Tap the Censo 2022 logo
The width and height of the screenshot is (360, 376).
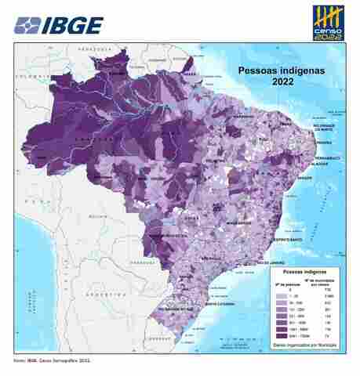pos(329,23)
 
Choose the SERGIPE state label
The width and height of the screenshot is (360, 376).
pos(305,178)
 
